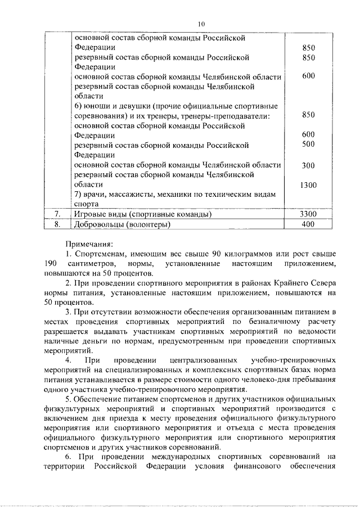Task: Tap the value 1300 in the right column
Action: (308, 185)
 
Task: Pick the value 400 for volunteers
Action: (308, 225)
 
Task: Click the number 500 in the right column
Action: (308, 145)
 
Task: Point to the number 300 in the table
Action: (308, 165)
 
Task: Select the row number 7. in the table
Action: (57, 215)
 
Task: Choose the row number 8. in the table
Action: (57, 225)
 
